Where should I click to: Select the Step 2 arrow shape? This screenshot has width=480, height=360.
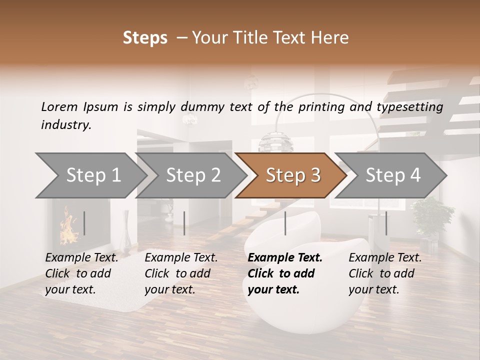point(192,175)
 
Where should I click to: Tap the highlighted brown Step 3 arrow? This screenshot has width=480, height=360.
point(292,175)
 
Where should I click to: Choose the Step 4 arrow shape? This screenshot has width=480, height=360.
point(392,175)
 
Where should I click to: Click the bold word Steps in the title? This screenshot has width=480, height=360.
point(145,38)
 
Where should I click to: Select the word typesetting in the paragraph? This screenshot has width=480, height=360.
point(409,106)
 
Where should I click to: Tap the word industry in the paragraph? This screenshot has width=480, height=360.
point(65,124)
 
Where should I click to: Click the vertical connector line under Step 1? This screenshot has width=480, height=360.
point(84,223)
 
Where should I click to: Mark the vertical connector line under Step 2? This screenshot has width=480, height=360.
point(184,223)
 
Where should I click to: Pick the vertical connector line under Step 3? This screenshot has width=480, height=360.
point(285,223)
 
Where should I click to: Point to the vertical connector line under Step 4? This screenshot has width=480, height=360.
point(386,223)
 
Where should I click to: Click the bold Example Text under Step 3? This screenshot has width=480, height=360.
point(285,258)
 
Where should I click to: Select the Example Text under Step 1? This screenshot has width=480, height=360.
point(81,258)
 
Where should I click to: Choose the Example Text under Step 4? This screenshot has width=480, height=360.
point(385,258)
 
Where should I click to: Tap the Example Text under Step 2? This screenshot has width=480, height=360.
point(181,258)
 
